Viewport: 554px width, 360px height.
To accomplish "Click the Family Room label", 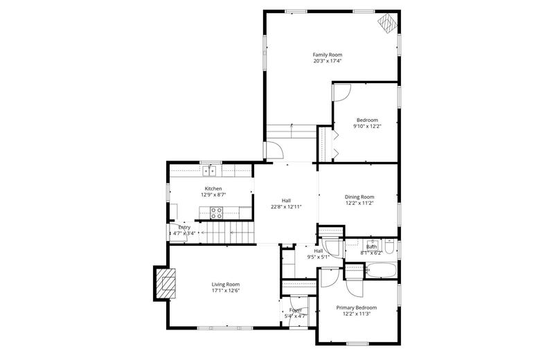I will (x=327, y=55).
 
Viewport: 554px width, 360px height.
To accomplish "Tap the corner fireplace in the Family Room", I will (x=386, y=24).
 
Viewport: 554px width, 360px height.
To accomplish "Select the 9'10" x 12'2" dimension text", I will (x=367, y=126).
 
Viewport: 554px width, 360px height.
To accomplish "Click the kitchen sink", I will (x=208, y=170).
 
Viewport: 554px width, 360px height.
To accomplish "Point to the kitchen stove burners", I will (x=216, y=213).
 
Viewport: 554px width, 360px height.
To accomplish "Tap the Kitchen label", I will (x=213, y=188).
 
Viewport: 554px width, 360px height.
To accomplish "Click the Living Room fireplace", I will (x=166, y=283).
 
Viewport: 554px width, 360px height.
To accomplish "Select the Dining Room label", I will (x=359, y=197).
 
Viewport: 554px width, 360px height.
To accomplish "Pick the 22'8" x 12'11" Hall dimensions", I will (x=286, y=207).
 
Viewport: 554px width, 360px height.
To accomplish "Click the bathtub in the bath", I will (x=382, y=270).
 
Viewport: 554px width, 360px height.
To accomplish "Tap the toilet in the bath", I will (x=389, y=249).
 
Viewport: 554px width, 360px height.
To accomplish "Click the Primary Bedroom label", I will (x=357, y=307).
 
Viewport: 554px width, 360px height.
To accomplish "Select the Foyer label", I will (x=296, y=310).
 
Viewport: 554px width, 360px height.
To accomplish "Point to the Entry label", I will (x=184, y=227).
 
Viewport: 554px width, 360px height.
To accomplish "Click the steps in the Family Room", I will (x=291, y=130).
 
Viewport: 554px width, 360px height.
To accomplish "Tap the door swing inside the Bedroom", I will (x=344, y=91).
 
